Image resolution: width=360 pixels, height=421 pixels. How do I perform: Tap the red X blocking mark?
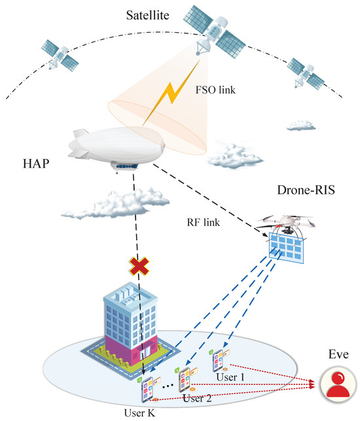pos(137,266)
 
